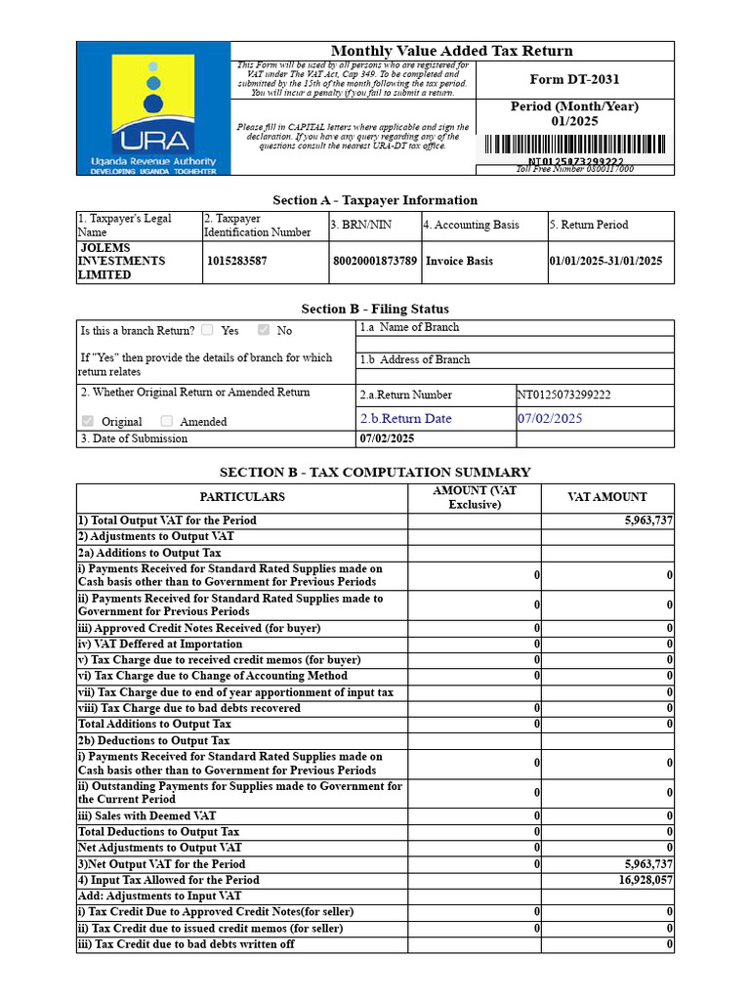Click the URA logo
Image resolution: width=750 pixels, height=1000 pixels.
(x=152, y=108)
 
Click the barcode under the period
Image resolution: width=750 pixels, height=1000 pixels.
(x=573, y=145)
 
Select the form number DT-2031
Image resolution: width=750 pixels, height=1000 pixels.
(x=574, y=80)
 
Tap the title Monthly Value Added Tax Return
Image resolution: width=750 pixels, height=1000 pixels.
(x=451, y=51)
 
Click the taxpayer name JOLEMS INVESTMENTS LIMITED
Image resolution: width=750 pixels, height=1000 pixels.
(x=122, y=262)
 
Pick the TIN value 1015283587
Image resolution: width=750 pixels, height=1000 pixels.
(x=236, y=262)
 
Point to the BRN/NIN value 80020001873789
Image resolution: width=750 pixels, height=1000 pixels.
(x=374, y=262)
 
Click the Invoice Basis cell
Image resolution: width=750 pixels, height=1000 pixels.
(x=459, y=262)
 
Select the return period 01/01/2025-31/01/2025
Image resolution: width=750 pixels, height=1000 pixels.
(x=605, y=262)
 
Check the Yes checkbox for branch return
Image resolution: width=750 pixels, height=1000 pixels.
(x=207, y=330)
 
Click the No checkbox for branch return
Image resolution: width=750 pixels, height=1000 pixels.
(x=263, y=330)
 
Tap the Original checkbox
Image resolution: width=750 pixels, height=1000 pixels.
(x=88, y=421)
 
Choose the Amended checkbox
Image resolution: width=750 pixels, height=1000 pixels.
(x=166, y=421)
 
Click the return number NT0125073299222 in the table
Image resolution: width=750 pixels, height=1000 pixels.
(x=563, y=396)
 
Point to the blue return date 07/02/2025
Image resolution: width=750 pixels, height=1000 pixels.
(x=550, y=419)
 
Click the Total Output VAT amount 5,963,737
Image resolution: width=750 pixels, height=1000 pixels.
(x=648, y=521)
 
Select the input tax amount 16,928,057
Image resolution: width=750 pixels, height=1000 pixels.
(x=646, y=880)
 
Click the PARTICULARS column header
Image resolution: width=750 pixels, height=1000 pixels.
(x=242, y=497)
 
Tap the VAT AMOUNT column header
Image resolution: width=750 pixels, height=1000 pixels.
(x=607, y=497)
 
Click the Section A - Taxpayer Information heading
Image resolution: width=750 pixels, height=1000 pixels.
(x=375, y=200)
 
